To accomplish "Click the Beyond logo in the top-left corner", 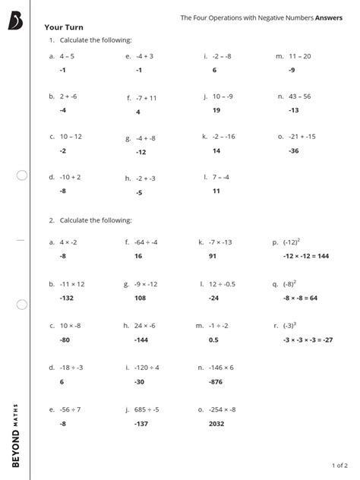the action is coord(17,21).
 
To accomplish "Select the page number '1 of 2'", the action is coord(339,464).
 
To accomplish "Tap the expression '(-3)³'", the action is coord(289,325).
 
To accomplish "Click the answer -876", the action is coord(216,382).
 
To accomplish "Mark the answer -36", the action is coord(294,151).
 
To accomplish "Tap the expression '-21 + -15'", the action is coord(302,137).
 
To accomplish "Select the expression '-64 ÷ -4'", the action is coord(147,242).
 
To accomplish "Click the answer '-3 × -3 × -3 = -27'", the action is coord(308,339).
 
